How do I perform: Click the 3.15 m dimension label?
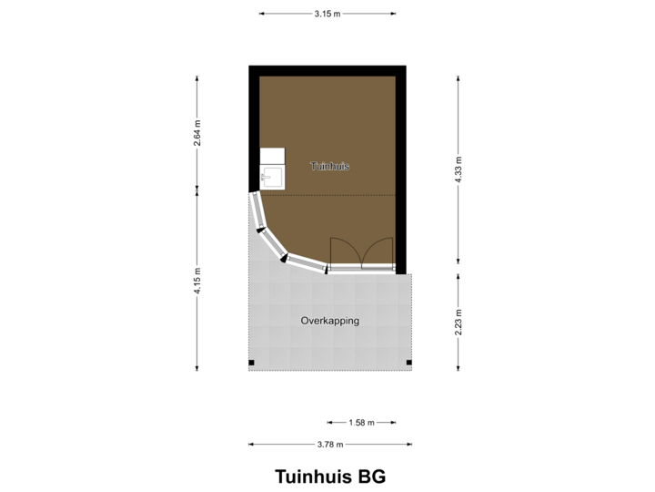point(327,14)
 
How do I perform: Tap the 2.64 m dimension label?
point(197,133)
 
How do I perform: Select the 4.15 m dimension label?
point(197,279)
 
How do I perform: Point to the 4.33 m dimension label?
point(458,169)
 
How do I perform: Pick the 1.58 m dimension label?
point(360,422)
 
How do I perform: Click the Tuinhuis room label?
point(329,167)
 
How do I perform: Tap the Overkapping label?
point(329,321)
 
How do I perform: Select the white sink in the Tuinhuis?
point(272,177)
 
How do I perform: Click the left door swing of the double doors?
point(343,251)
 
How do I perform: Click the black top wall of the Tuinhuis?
point(327,70)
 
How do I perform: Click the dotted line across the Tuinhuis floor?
point(337,194)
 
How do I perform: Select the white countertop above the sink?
point(272,156)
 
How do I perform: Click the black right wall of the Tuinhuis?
point(401,164)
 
